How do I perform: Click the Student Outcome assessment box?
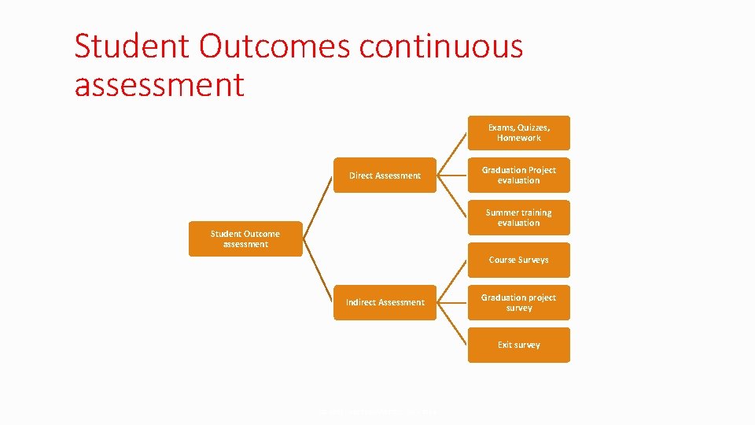(245, 239)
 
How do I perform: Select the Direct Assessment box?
(385, 176)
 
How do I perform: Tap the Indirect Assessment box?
(385, 302)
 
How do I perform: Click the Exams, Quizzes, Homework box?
(518, 133)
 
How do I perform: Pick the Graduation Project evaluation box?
(518, 176)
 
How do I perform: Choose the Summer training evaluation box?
(518, 218)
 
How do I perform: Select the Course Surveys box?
(518, 260)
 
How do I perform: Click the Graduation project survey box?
(518, 302)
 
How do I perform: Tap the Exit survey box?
(518, 345)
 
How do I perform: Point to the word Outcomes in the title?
(274, 46)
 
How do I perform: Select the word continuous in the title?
(441, 46)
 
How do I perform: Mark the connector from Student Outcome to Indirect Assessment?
(318, 271)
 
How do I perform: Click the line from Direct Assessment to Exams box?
(452, 154)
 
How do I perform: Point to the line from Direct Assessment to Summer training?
(452, 197)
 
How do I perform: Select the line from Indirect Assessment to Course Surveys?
(452, 281)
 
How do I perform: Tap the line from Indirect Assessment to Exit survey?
(452, 323)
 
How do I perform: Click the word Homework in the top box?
(518, 139)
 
